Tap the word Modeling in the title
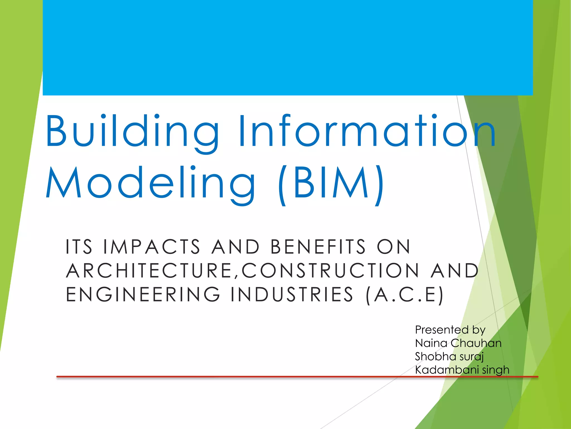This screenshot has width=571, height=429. (151, 183)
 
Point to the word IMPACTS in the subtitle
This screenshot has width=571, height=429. (152, 247)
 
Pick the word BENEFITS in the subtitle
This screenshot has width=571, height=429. (318, 247)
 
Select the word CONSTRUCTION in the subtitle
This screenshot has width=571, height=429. (330, 271)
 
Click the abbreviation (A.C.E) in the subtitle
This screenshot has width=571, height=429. (404, 295)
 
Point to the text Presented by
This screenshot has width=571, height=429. (450, 330)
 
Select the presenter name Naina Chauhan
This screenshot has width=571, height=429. (458, 343)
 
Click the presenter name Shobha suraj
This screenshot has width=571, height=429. (449, 357)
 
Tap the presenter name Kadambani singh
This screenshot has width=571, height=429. (462, 370)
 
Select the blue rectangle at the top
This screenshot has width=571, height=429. (287, 47)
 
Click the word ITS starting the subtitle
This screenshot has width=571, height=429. (79, 247)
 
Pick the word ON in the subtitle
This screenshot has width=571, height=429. (393, 247)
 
